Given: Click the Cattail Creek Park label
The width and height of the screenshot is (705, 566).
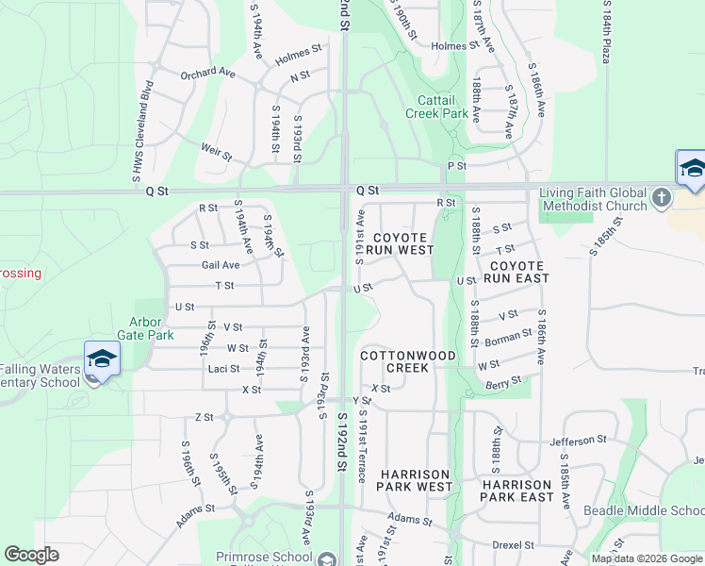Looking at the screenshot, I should tap(436, 107).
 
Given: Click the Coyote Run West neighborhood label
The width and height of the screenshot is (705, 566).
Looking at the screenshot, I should tap(402, 244).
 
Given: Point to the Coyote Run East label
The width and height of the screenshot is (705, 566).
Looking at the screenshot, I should tap(516, 273).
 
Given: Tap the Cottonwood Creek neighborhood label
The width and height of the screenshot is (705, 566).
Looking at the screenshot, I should tap(408, 361).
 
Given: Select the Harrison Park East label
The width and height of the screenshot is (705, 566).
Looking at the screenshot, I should tap(516, 491).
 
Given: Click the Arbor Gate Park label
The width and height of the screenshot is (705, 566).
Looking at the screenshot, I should tap(145, 328).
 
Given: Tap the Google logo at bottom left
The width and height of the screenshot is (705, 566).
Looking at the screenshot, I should tap(31, 555).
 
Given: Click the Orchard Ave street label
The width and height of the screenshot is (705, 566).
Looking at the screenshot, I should tap(207, 72).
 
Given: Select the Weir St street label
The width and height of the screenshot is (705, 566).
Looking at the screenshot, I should tap(216, 150).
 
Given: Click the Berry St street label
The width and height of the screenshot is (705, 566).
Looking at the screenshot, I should tap(504, 382).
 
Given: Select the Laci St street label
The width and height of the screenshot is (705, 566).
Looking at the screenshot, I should tap(223, 368).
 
